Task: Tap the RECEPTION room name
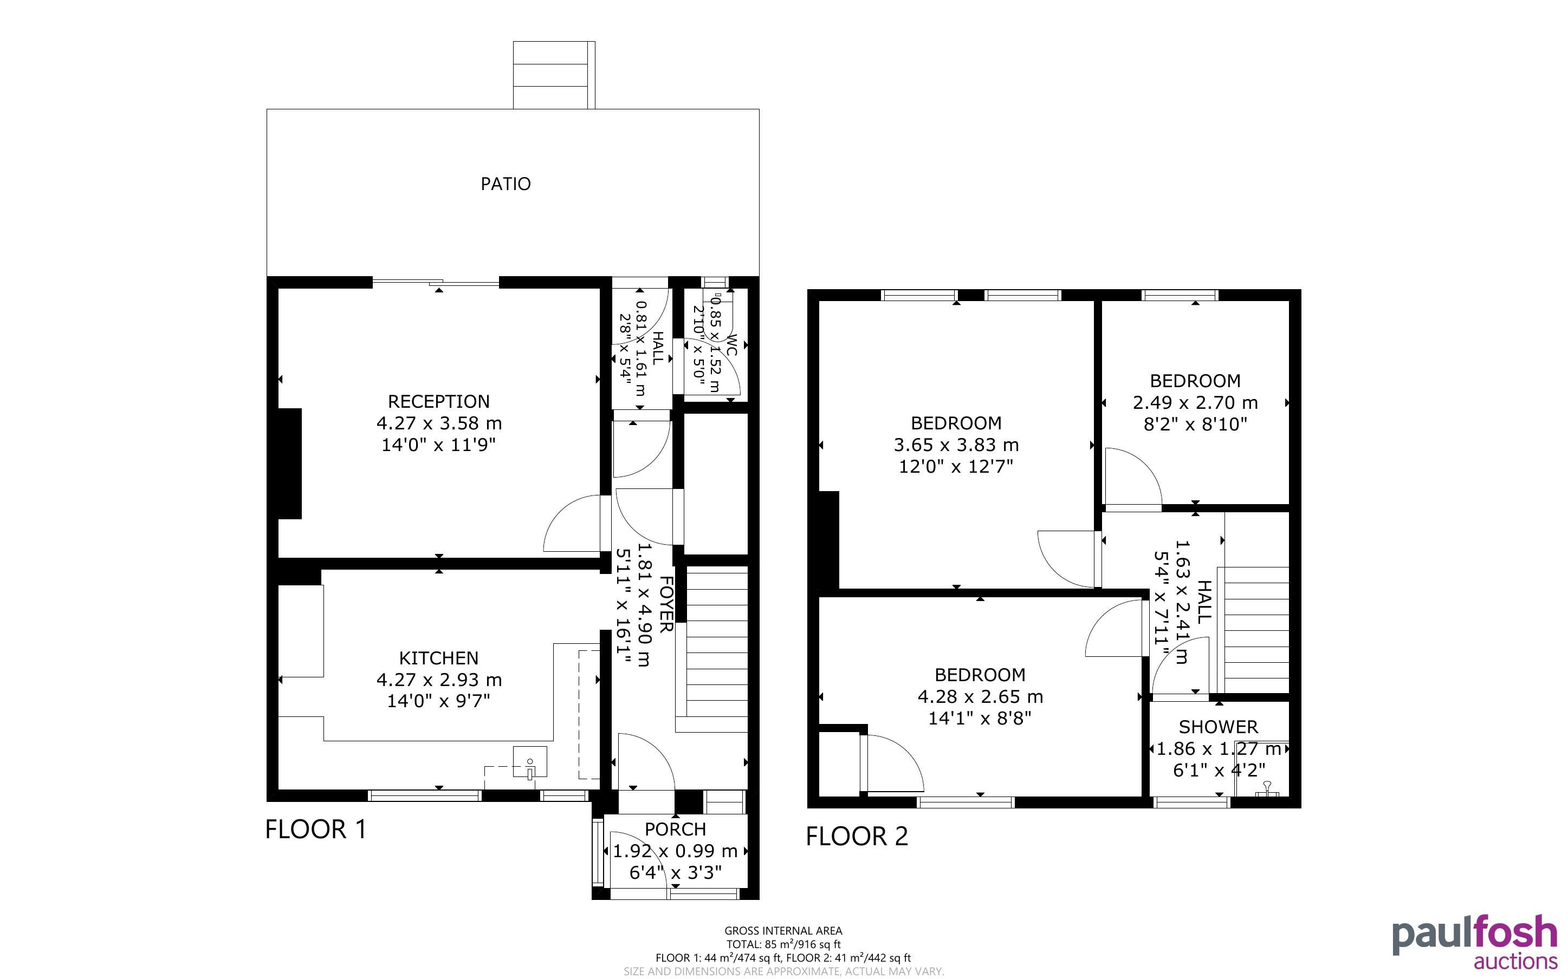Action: click(438, 401)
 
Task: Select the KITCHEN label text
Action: click(438, 658)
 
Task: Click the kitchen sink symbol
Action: click(530, 762)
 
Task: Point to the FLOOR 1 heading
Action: click(316, 830)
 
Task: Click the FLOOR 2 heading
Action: click(857, 837)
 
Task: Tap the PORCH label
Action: click(675, 830)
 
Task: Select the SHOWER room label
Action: click(1218, 727)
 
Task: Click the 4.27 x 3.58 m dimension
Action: click(439, 423)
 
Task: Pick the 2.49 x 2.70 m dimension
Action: click(1195, 403)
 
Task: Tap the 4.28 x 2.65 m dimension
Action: click(980, 697)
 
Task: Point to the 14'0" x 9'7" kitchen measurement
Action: click(438, 701)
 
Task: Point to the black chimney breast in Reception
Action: click(290, 464)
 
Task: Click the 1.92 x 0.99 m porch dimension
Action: click(675, 851)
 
